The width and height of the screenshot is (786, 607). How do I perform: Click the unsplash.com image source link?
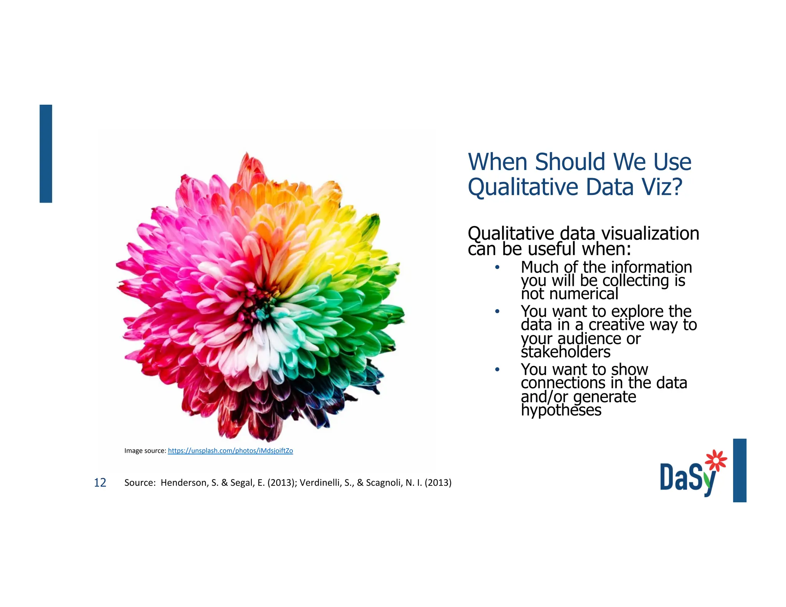[230, 450]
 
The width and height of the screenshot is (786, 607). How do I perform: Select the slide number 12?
[100, 483]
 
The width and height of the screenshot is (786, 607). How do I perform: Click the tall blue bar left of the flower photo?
[46, 153]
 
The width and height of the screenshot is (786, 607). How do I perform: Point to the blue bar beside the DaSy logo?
[739, 470]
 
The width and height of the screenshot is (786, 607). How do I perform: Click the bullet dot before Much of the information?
[497, 267]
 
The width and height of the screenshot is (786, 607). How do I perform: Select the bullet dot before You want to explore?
[497, 311]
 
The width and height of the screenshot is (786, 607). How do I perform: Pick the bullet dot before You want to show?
[497, 369]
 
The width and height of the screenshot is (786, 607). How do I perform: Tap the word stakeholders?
[565, 352]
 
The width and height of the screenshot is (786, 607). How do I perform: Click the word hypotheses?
[561, 410]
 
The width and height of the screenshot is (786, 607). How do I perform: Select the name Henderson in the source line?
[184, 483]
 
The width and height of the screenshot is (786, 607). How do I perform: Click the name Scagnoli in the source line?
[384, 483]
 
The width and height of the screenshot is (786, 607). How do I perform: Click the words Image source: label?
[145, 450]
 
